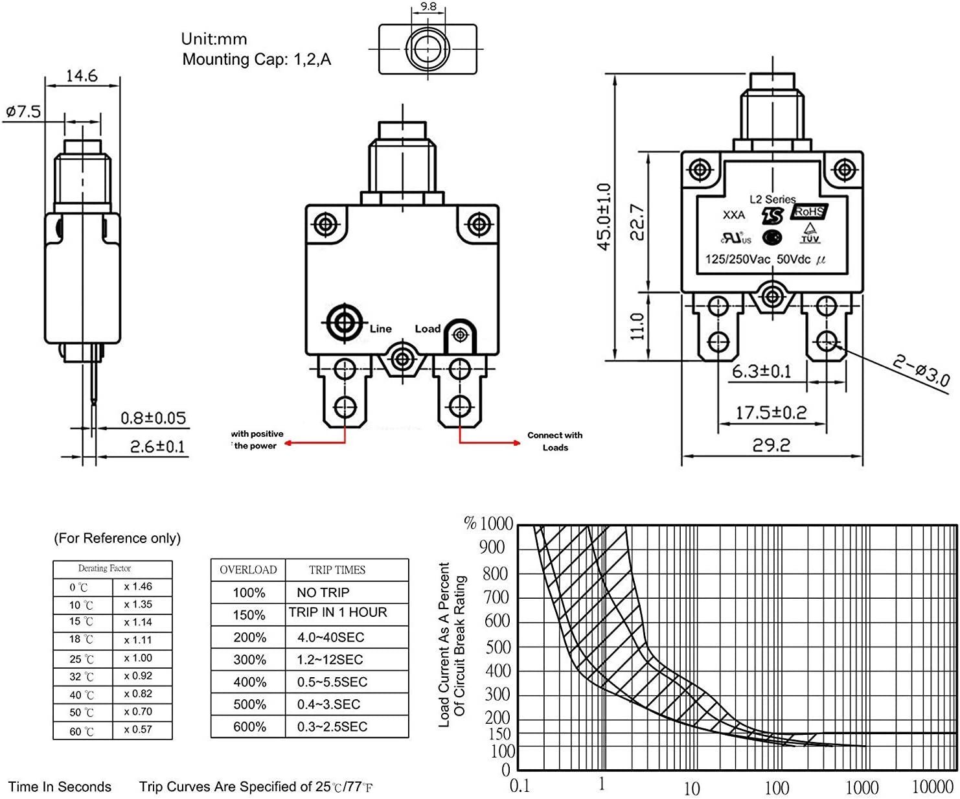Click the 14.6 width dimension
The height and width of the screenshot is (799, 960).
pos(82,76)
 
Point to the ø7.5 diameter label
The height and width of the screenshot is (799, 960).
pos(23,111)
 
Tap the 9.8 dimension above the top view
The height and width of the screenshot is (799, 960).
pos(428,6)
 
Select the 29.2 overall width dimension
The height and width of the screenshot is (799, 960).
pos(771,445)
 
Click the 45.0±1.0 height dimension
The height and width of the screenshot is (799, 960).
pos(604,216)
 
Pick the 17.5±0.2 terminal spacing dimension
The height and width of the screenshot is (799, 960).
pos(771,412)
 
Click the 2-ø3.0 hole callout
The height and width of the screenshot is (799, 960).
pos(921,370)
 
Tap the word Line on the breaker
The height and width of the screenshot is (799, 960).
pos(381,329)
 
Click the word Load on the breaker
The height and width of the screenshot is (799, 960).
pos(428,329)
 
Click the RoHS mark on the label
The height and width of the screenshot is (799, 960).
pos(808,212)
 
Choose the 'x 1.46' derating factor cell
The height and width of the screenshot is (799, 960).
pos(138,586)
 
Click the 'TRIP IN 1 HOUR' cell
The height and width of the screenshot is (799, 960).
pos(338,612)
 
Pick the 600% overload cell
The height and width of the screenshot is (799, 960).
pos(249,727)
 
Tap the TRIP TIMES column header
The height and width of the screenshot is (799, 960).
pos(337,570)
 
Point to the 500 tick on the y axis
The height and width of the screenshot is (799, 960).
pos(498,647)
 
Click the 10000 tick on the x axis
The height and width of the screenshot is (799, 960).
pos(932,787)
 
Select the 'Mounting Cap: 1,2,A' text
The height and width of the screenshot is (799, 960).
pos(257,60)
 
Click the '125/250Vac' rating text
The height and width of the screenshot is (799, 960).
pos(737,259)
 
